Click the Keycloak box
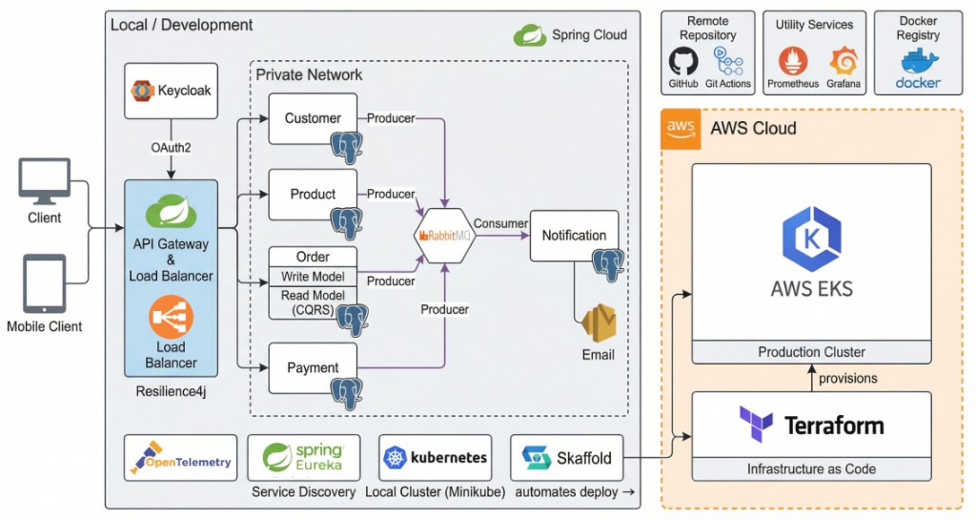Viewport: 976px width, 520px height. coord(171,91)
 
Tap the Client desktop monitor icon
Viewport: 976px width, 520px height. coord(45,181)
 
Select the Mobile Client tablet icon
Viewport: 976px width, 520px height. coord(45,283)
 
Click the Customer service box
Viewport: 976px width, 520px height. coord(313,118)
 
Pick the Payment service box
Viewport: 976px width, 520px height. coord(313,367)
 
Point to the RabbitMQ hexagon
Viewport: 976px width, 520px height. coord(444,234)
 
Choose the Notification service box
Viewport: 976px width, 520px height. coord(574,236)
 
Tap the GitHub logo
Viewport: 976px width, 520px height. coord(682,62)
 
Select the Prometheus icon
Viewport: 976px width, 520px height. coord(793,62)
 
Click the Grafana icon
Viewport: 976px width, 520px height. coord(844,62)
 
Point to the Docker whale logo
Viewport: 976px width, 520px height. coord(917,64)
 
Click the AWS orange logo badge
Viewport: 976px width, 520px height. coord(681,128)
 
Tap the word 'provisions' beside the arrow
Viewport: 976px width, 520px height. coord(848,378)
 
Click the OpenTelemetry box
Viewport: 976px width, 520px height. coord(180,459)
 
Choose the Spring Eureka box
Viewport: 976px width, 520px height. coord(303,458)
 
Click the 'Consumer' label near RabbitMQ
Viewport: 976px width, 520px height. coord(500,223)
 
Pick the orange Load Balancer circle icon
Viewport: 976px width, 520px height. coord(172,316)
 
